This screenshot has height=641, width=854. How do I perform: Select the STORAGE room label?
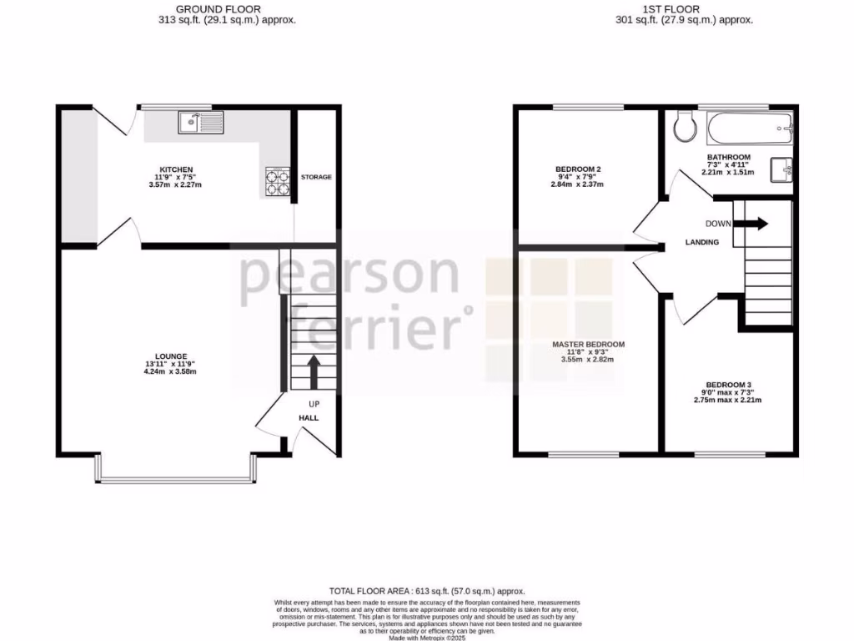[317, 177]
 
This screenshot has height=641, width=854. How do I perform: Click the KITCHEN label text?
[177, 169]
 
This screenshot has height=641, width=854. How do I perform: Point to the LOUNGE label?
[170, 356]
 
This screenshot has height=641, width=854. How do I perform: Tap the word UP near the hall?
[314, 405]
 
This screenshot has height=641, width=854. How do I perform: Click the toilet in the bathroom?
[685, 128]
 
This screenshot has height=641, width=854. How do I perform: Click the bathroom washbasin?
[781, 169]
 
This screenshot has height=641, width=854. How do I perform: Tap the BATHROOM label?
[728, 157]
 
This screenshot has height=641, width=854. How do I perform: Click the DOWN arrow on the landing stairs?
[755, 224]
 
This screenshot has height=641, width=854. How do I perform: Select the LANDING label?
[702, 242]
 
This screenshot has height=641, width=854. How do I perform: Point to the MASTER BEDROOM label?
[588, 344]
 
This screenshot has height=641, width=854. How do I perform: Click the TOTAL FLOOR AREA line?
[427, 590]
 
